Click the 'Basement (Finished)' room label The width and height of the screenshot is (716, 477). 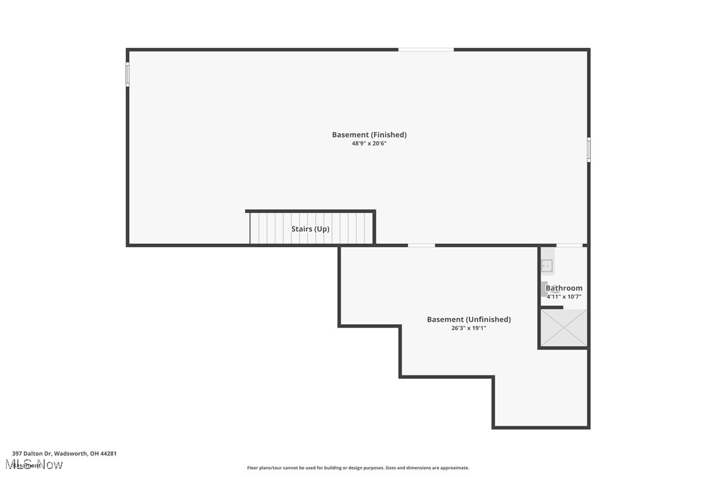(x=369, y=135)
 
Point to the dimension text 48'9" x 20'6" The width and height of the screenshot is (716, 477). (x=369, y=144)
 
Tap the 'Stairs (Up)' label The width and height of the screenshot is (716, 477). (x=311, y=229)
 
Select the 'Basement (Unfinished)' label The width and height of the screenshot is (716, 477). (x=469, y=320)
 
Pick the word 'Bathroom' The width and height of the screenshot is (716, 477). (x=564, y=288)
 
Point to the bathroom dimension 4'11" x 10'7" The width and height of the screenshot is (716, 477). (x=564, y=296)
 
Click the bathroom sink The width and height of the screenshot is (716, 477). (x=547, y=266)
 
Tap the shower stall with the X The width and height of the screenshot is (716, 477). (x=564, y=327)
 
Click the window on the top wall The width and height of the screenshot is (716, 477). (x=426, y=49)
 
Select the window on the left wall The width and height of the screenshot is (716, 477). (x=128, y=74)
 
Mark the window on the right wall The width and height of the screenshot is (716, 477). (x=589, y=150)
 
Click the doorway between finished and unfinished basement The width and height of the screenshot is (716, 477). (x=421, y=246)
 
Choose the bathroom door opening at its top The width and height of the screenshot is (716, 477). (x=570, y=246)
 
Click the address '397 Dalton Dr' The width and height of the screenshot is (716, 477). (x=31, y=453)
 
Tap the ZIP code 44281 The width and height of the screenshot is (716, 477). (x=108, y=453)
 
